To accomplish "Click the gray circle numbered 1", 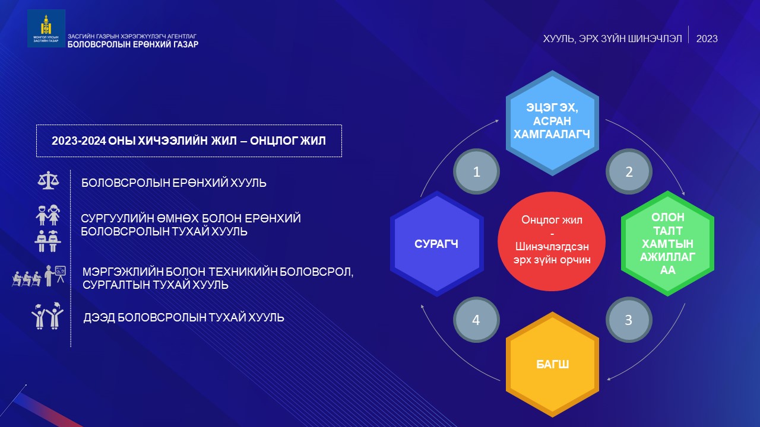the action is click(x=476, y=171).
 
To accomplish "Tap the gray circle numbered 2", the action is click(x=629, y=171).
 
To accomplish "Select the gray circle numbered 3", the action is click(x=629, y=320).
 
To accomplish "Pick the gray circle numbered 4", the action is click(x=476, y=320).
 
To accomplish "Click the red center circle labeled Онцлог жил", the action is click(x=552, y=241).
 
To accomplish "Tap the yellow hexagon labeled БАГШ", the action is click(x=552, y=364).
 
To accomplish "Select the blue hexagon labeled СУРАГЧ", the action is click(x=436, y=244).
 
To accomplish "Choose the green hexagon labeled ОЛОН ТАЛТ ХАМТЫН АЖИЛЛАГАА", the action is click(x=668, y=243).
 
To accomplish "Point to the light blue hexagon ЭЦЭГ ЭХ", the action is click(x=552, y=123).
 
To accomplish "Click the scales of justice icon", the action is click(x=48, y=180).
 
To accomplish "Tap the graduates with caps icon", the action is click(x=48, y=316).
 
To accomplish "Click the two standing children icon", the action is click(x=48, y=215).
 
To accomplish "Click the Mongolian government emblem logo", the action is click(x=46, y=28).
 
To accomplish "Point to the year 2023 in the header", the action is click(x=707, y=39).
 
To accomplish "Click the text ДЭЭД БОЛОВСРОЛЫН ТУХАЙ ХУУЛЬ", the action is click(x=183, y=317).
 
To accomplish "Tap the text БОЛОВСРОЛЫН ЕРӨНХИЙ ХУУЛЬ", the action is click(x=174, y=183).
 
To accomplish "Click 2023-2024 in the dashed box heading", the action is click(x=79, y=141).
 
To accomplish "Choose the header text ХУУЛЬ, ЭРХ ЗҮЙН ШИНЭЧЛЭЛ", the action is click(x=612, y=39).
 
